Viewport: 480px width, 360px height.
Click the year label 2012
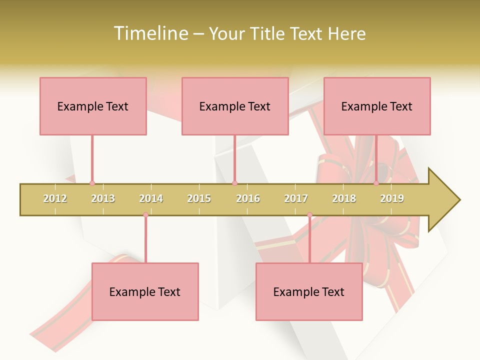[55, 198]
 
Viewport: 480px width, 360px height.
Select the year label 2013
[103, 198]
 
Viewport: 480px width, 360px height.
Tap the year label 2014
[151, 198]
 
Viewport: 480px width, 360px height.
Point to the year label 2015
[199, 198]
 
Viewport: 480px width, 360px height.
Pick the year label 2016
[248, 198]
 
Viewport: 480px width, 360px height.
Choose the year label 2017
[296, 198]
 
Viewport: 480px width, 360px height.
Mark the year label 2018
[344, 198]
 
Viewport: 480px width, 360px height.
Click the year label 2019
[392, 198]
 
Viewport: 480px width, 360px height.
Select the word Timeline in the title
[149, 33]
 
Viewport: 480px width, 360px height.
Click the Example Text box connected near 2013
[93, 106]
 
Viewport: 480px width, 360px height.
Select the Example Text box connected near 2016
[235, 106]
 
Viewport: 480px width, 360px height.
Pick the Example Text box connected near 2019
[377, 106]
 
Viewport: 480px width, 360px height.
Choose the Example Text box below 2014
[145, 291]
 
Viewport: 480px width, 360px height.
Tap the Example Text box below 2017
[309, 291]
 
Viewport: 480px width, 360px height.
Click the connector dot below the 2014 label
[145, 215]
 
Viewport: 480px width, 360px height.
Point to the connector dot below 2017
[309, 215]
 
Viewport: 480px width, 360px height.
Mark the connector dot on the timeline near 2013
[92, 183]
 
